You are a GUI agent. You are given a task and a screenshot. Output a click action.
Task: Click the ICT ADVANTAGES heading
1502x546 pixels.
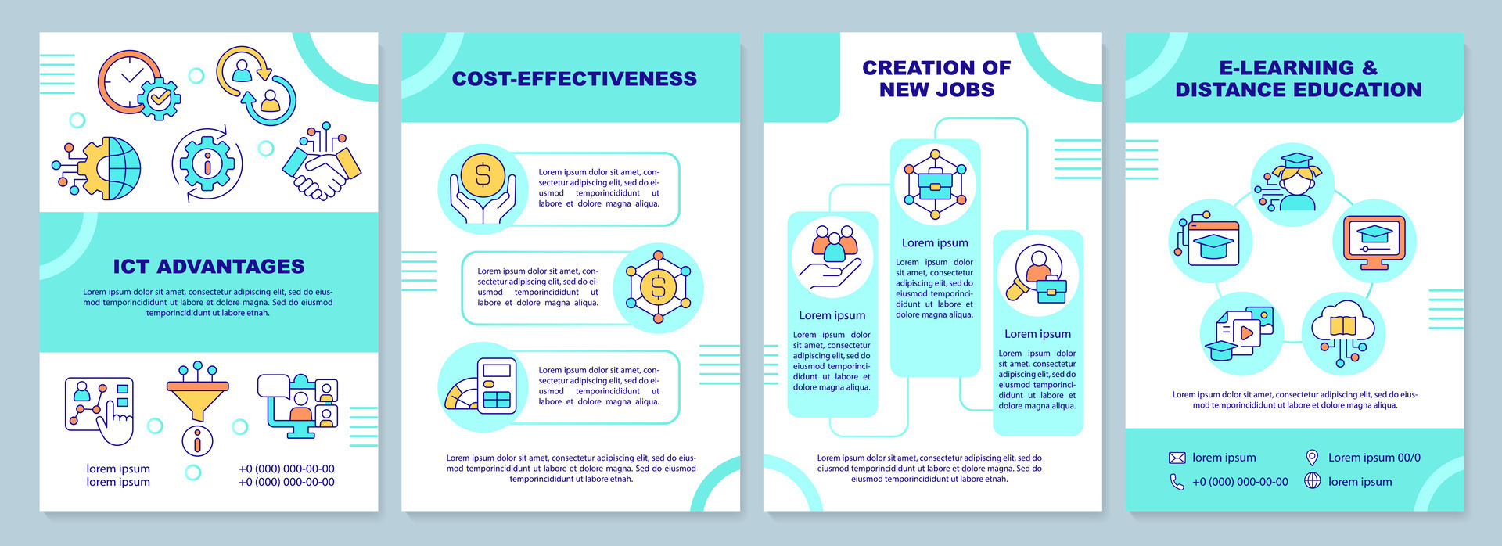[x=209, y=267]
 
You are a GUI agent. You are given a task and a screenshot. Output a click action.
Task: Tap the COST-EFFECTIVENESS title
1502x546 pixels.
[x=574, y=79]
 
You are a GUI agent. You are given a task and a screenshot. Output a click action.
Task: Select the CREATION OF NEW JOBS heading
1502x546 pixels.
[x=936, y=79]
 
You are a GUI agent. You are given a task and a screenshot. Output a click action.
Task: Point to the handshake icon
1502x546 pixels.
[x=322, y=165]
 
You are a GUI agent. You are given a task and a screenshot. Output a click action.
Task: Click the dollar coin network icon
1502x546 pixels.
[x=658, y=288]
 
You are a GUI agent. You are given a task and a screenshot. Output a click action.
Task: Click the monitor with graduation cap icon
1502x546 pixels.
[x=1374, y=242]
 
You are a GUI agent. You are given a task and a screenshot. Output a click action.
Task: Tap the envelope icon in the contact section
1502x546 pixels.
[x=1177, y=458]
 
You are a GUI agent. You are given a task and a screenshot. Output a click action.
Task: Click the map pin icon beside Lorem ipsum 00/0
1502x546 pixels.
[x=1312, y=458]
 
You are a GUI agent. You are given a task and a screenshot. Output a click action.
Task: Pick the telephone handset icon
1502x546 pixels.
[x=1177, y=482]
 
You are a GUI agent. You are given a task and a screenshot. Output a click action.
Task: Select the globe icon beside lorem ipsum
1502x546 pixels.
[x=1312, y=482]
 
